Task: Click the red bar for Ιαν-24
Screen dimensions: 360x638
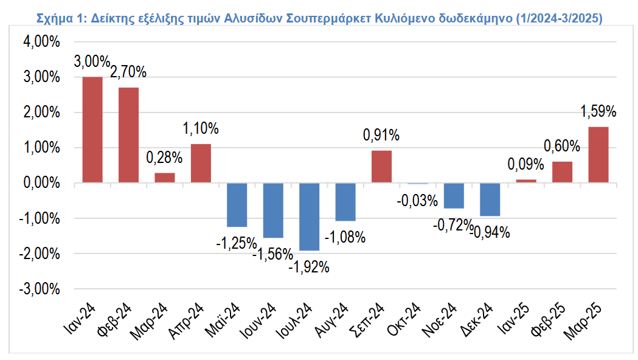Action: coord(92,130)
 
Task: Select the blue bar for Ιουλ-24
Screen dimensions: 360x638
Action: coord(310,216)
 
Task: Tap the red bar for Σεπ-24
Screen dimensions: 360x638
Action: coord(381,167)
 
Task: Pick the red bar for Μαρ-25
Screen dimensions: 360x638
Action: coord(598,154)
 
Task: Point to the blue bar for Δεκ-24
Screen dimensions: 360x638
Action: coord(490,199)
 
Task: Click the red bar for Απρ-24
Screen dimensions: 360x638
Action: coord(201,163)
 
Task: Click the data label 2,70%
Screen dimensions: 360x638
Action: coord(128,72)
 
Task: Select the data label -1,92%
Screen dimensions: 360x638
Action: coord(309,266)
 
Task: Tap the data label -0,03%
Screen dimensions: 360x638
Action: coord(417,200)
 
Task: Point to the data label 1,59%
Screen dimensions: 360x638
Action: coord(598,111)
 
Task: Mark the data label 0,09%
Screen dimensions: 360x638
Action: coord(526,164)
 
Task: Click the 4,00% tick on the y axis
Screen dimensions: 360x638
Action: coord(42,43)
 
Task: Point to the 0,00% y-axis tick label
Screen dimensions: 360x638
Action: coord(42,183)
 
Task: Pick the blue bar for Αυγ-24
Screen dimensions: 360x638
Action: coord(345,202)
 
